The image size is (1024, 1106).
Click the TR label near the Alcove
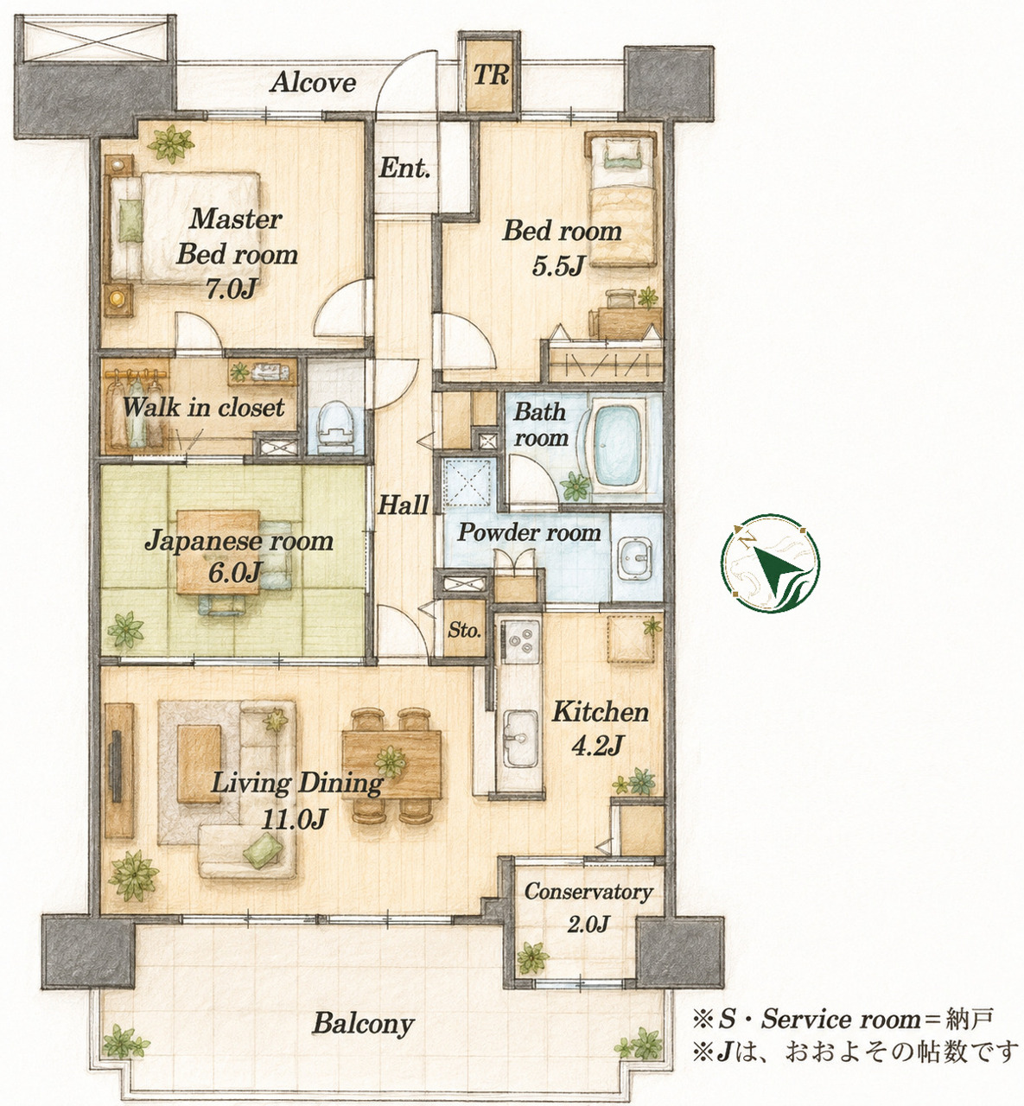tap(490, 74)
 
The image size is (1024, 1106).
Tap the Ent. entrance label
tap(404, 168)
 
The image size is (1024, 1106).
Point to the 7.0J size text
tap(231, 289)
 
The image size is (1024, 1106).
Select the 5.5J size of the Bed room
tap(557, 266)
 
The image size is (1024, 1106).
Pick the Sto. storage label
tap(464, 630)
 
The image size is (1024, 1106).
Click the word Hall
tap(403, 505)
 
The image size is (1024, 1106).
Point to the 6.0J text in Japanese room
tap(233, 573)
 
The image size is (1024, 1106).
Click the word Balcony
tap(363, 1024)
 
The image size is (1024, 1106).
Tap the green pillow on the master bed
tap(130, 221)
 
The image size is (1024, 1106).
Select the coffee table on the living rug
tap(200, 764)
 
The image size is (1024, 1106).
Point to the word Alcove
tap(313, 83)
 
